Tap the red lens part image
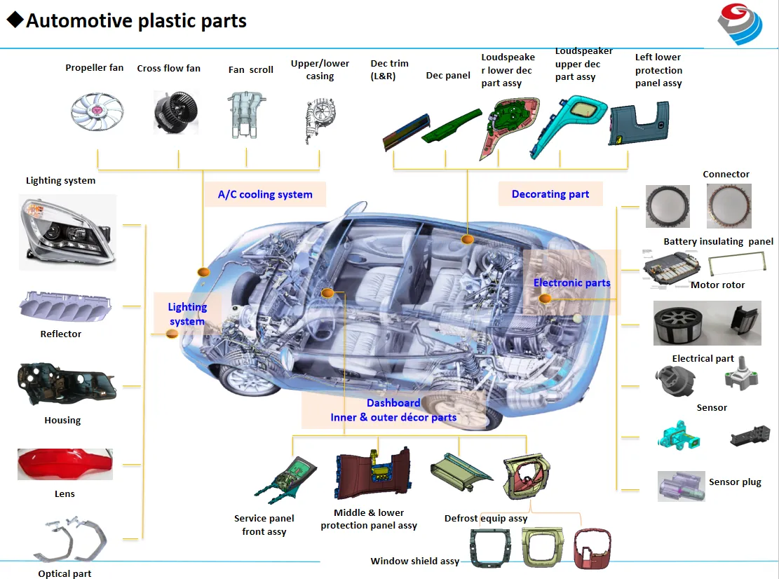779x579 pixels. point(65,464)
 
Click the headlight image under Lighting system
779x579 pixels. point(67,231)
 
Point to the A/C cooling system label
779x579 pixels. point(265,194)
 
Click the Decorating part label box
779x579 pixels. point(550,194)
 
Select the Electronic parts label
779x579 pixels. point(571,282)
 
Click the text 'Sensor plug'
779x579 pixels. point(734,482)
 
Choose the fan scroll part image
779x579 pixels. point(245,114)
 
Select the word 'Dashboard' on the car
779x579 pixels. point(393,403)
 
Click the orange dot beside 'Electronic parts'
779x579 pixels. point(545,299)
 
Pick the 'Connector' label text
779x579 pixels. point(726,175)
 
